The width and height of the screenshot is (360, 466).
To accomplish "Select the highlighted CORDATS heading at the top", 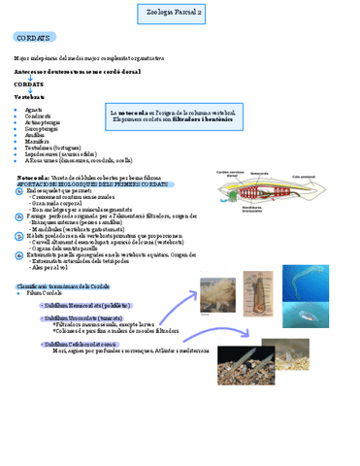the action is click(34, 37).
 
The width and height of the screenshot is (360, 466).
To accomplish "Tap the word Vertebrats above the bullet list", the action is click(29, 98).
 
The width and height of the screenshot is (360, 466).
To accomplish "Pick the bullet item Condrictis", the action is click(36, 116).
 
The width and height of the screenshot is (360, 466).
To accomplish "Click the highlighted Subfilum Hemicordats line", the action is click(81, 304).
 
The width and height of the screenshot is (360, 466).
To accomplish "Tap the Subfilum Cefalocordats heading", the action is click(80, 344).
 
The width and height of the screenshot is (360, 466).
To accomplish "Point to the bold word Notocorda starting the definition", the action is click(35, 179).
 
